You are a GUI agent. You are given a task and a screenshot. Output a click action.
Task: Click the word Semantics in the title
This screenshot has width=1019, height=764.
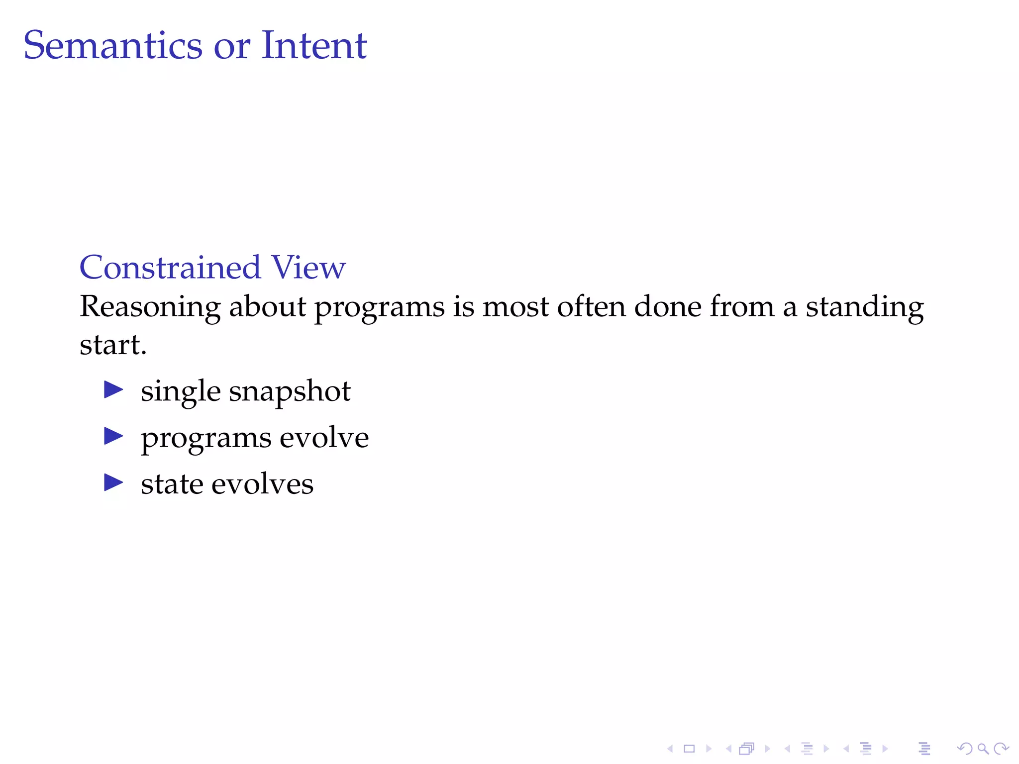(x=112, y=46)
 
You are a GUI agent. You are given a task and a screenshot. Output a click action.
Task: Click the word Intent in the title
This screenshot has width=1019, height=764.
(x=314, y=46)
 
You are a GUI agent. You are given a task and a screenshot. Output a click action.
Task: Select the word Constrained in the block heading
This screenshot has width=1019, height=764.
(x=170, y=268)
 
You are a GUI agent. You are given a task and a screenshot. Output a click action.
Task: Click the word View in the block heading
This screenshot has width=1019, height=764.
(x=308, y=268)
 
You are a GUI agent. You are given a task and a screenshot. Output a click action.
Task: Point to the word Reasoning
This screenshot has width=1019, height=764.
(x=150, y=307)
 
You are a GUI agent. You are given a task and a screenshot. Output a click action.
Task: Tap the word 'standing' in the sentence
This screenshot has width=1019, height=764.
(x=865, y=307)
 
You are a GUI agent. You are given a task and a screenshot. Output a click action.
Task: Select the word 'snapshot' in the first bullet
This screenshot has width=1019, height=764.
(x=290, y=392)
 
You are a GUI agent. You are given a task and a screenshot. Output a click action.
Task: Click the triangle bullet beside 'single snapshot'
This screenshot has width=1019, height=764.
(x=113, y=390)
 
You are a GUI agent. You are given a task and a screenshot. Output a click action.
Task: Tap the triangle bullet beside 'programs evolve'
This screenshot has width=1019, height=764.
(x=113, y=436)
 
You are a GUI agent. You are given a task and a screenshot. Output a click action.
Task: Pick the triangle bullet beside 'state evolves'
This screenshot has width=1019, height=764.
(x=113, y=482)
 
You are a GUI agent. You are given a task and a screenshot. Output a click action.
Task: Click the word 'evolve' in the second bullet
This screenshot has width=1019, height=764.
(x=324, y=438)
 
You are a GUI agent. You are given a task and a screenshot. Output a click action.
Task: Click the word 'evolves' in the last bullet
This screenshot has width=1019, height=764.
(x=262, y=484)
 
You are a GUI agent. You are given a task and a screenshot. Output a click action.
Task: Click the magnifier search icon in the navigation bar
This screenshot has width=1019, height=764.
(x=983, y=749)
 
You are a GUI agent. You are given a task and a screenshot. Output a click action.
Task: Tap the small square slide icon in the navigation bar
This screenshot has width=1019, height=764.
(x=689, y=749)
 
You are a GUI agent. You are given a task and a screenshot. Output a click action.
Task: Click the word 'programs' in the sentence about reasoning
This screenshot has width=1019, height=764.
(x=379, y=308)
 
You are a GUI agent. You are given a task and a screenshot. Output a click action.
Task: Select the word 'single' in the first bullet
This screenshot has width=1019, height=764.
(x=181, y=392)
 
